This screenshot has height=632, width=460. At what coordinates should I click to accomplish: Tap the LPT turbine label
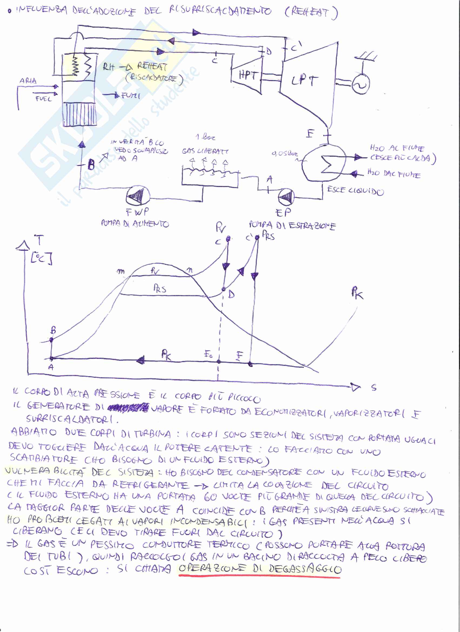(x=304, y=81)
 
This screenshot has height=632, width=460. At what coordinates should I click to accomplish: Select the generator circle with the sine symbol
(x=361, y=85)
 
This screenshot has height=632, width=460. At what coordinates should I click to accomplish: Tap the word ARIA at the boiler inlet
(x=28, y=81)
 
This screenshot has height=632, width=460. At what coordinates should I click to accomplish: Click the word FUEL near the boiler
(x=43, y=99)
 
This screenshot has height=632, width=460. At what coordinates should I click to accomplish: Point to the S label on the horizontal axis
(x=374, y=388)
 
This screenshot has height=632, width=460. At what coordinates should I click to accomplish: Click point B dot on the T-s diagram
(x=51, y=340)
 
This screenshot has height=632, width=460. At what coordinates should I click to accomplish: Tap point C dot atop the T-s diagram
(x=228, y=238)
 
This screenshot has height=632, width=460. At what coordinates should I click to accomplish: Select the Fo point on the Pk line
(x=219, y=362)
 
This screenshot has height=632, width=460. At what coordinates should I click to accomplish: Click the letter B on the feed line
(x=91, y=165)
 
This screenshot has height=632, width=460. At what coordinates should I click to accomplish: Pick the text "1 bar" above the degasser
(x=205, y=137)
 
